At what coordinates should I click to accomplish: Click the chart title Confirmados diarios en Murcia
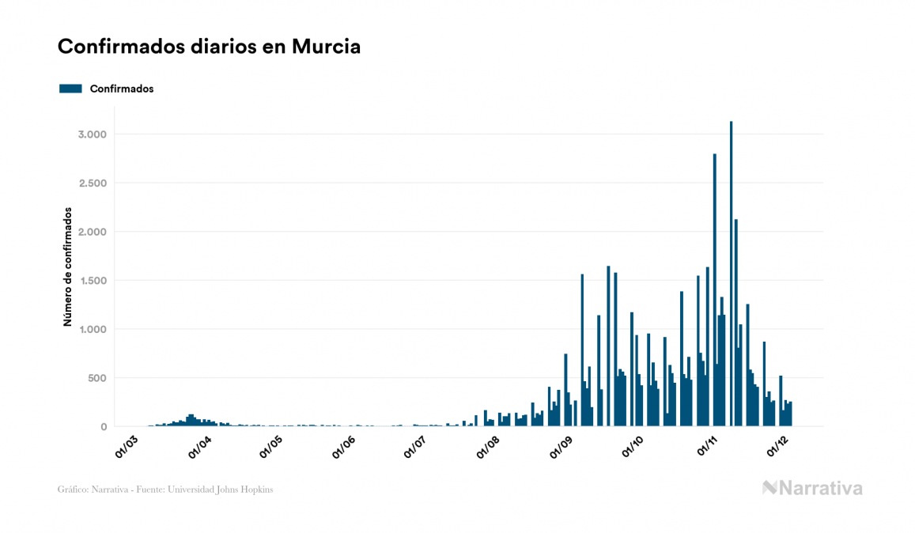(x=209, y=47)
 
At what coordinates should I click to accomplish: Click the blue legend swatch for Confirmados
(x=71, y=89)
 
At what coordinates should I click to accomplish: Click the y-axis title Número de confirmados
(x=69, y=267)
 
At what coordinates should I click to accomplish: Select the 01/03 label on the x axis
(x=127, y=446)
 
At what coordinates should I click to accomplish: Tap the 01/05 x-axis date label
(x=271, y=446)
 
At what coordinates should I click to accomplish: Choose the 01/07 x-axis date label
(x=416, y=446)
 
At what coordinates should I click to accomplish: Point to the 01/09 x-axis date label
(x=562, y=446)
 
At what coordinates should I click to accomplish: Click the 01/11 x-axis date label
(x=707, y=446)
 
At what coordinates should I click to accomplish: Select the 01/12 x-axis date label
(x=778, y=446)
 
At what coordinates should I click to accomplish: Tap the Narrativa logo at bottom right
(x=812, y=488)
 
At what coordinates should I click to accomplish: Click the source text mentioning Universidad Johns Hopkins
(x=165, y=490)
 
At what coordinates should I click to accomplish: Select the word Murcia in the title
(x=326, y=47)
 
